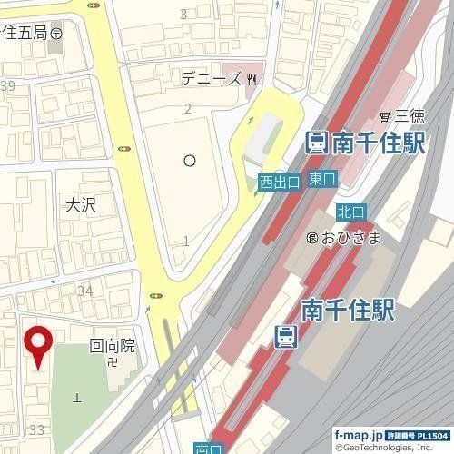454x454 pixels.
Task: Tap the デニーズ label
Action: click(210, 79)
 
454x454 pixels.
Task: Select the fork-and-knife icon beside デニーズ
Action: click(252, 79)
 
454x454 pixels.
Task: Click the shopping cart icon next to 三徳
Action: click(386, 116)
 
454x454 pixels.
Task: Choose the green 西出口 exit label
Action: click(279, 183)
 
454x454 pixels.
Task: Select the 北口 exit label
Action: click(350, 212)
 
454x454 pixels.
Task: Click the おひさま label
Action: click(349, 238)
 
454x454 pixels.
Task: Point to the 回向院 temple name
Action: click(112, 346)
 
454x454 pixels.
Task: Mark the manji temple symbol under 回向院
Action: click(111, 362)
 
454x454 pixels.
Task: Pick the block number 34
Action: click(86, 291)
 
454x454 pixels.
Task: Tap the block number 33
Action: click(37, 429)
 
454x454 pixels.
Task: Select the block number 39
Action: click(9, 86)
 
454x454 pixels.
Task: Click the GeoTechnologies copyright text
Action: click(393, 448)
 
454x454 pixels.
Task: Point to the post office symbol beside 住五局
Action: click(56, 32)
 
